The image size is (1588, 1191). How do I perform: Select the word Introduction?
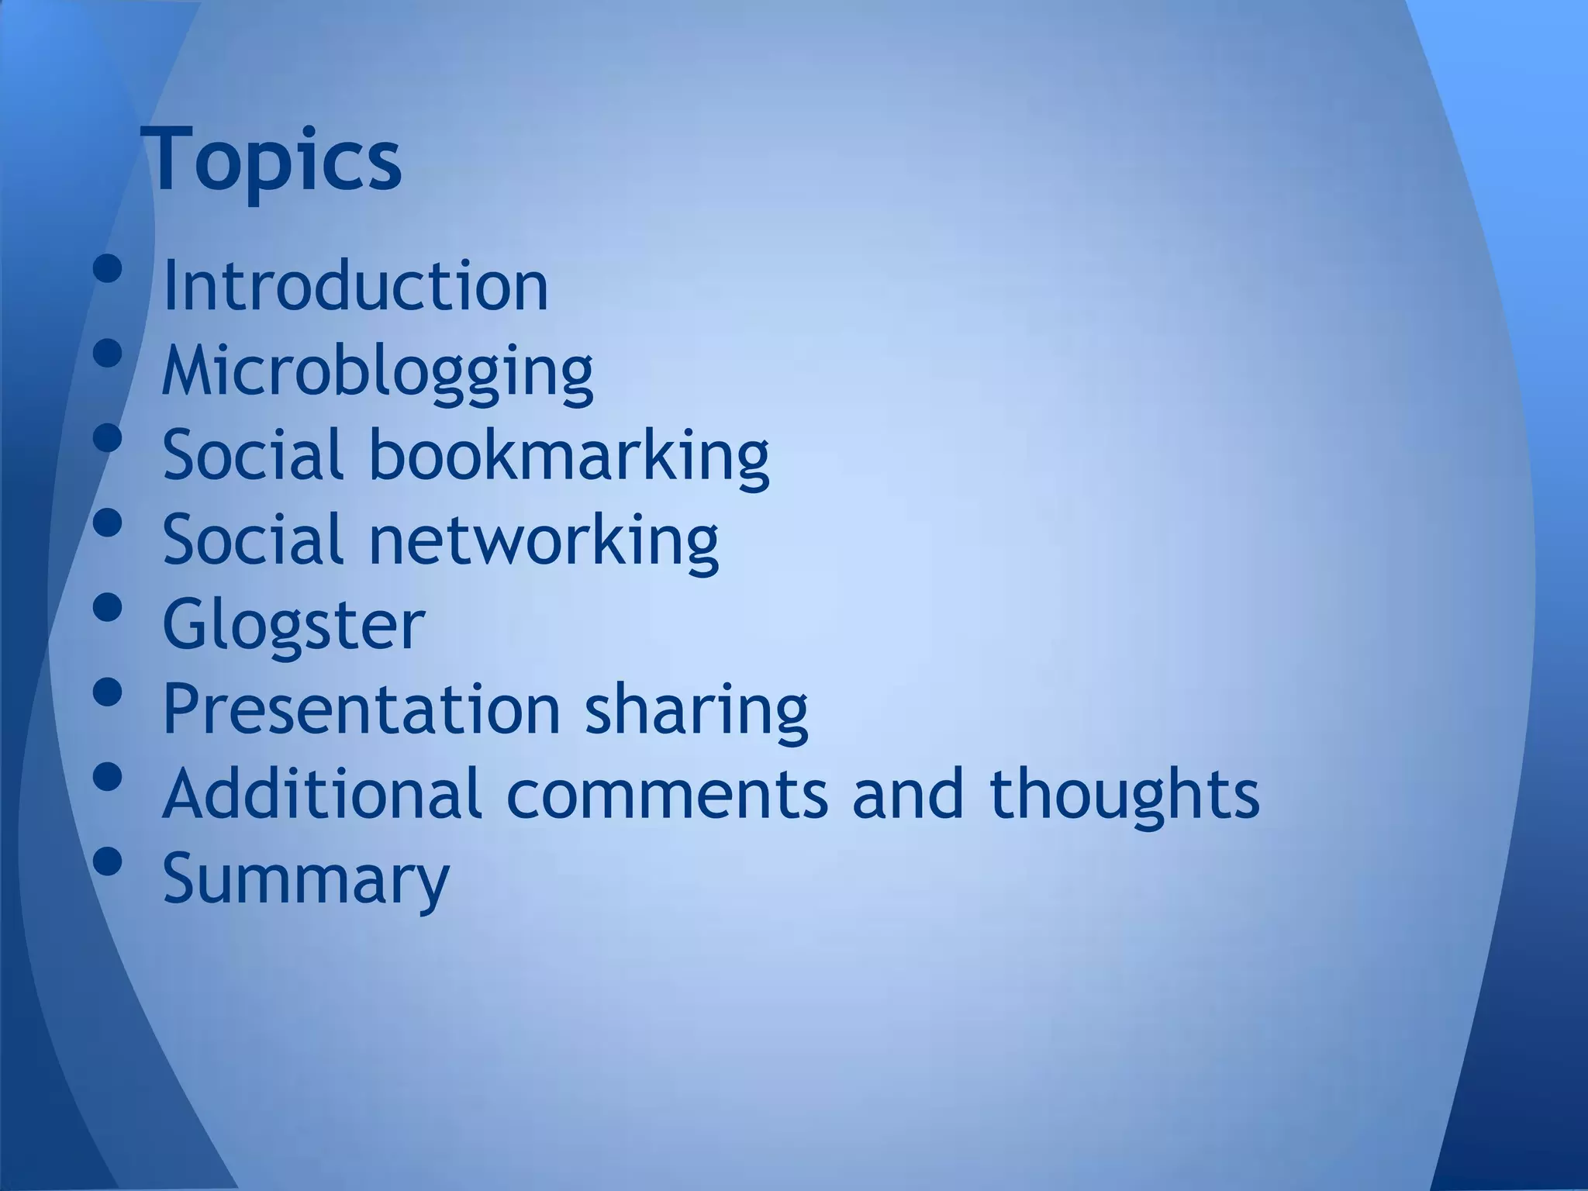[356, 286]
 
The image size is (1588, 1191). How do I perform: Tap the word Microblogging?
[378, 371]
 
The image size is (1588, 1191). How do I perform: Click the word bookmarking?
[568, 456]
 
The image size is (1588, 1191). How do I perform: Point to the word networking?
[543, 540]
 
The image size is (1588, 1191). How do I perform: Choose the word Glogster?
[294, 625]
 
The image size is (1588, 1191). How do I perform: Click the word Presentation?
[361, 709]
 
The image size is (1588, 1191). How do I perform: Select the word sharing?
[696, 710]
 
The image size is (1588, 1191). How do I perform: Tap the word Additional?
[322, 793]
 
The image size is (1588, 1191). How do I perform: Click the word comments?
[668, 793]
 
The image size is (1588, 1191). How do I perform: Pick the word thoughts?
[1124, 795]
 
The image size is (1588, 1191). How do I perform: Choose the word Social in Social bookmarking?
[253, 455]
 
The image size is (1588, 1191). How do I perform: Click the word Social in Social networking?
[253, 540]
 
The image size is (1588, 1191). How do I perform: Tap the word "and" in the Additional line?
[908, 793]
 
